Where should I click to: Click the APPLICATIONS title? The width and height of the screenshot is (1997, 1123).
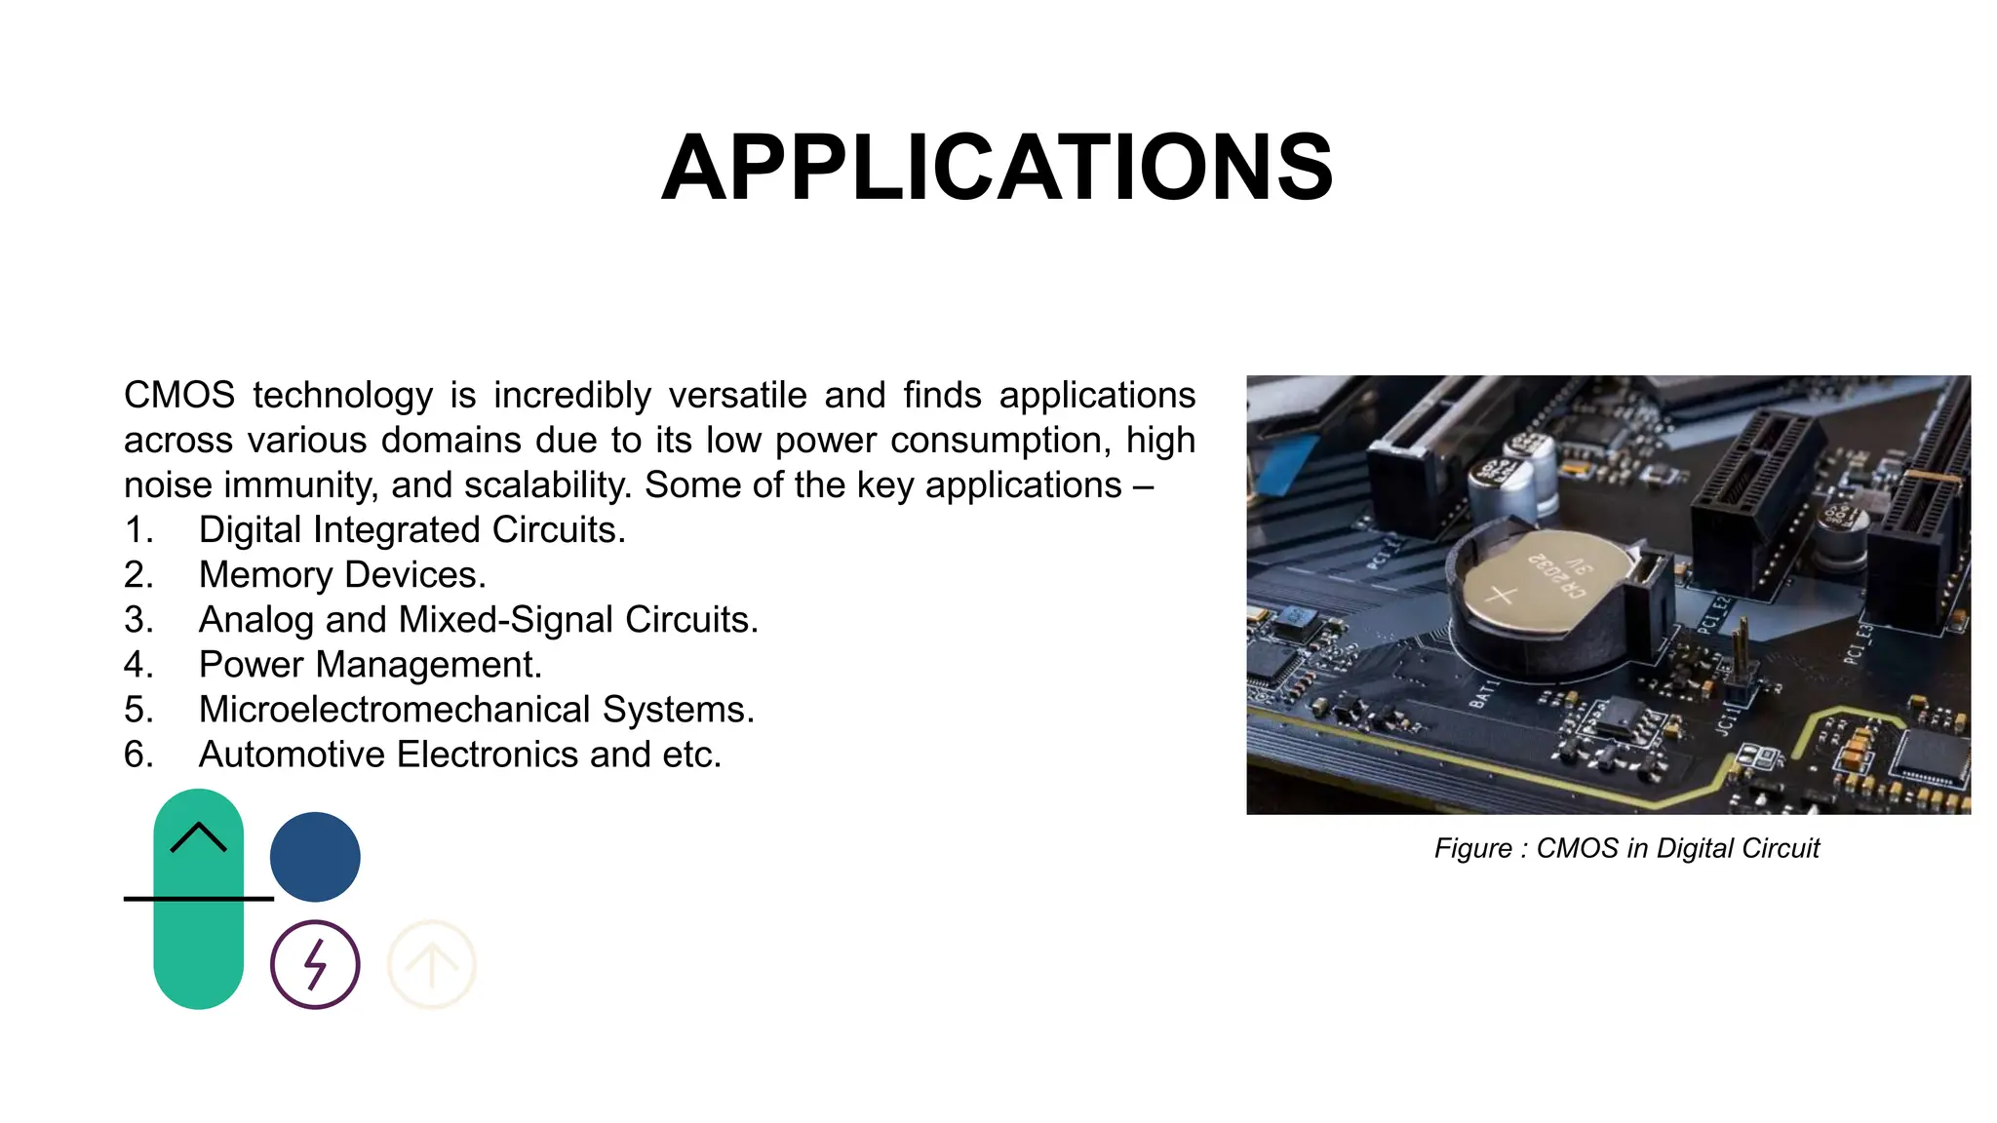coord(997,169)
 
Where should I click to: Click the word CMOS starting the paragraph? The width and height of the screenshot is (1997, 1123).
coord(179,396)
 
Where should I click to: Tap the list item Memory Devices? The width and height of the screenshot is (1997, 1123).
coord(341,575)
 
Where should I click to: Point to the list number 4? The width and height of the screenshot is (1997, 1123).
coord(137,665)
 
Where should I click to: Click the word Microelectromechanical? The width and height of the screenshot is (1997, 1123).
coord(394,710)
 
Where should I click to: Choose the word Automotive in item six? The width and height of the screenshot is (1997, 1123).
coord(292,755)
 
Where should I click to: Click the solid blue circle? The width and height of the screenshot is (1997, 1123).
coord(315,857)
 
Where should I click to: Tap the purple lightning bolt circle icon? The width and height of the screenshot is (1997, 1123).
coord(315,964)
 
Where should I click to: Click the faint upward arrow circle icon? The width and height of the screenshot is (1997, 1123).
coord(432,964)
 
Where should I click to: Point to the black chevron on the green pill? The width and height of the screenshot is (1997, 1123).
coord(198,836)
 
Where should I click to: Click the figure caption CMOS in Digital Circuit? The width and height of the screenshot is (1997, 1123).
coord(1626,848)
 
